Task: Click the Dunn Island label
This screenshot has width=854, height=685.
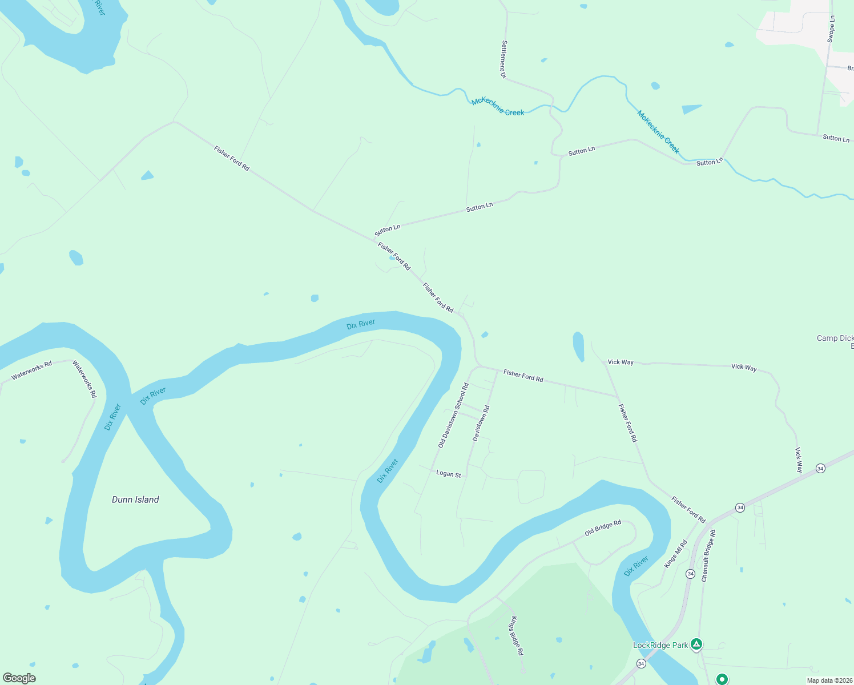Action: (x=135, y=499)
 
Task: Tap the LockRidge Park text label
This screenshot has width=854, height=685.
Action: (x=660, y=645)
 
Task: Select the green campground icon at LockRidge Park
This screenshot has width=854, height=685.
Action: (x=696, y=644)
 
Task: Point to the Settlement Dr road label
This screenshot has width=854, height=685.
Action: (x=503, y=59)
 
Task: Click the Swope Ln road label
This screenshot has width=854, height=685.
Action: (x=831, y=29)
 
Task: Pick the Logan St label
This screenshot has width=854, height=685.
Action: (x=448, y=473)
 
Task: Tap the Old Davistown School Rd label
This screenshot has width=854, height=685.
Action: (x=453, y=415)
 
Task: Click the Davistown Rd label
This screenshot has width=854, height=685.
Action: (x=481, y=423)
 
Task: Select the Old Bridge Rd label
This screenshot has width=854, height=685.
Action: (x=603, y=528)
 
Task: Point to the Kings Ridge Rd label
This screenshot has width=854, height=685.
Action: (x=517, y=635)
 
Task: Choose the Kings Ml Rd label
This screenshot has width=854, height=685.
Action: (x=676, y=554)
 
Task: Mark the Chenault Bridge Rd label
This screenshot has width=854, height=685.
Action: (x=708, y=556)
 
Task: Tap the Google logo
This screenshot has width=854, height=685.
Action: (x=19, y=678)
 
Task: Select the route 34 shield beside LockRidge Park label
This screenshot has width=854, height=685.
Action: (x=641, y=663)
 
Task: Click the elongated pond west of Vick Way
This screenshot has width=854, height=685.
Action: (x=578, y=346)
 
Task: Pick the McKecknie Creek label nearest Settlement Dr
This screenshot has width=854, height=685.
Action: (x=498, y=106)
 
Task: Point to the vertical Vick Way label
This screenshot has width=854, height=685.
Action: (x=799, y=460)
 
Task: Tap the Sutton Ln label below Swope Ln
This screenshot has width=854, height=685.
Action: (x=836, y=138)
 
